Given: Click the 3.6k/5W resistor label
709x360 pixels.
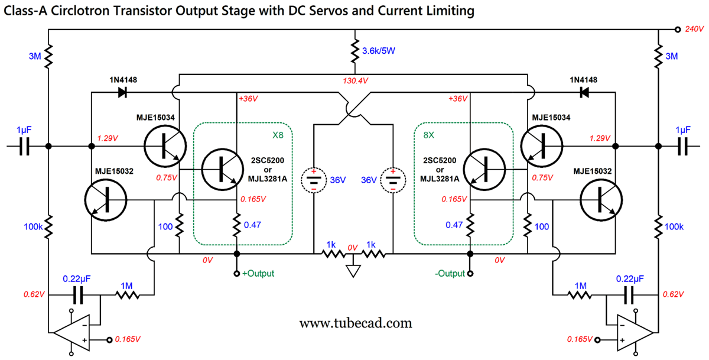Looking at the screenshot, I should pos(378,51).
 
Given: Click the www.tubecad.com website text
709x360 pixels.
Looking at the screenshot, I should pos(354,323).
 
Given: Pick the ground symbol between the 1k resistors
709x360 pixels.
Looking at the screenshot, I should pos(353,271).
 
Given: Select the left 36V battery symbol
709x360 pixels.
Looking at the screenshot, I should pos(313,180).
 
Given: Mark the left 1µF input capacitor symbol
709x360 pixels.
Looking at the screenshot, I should pos(25,146).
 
